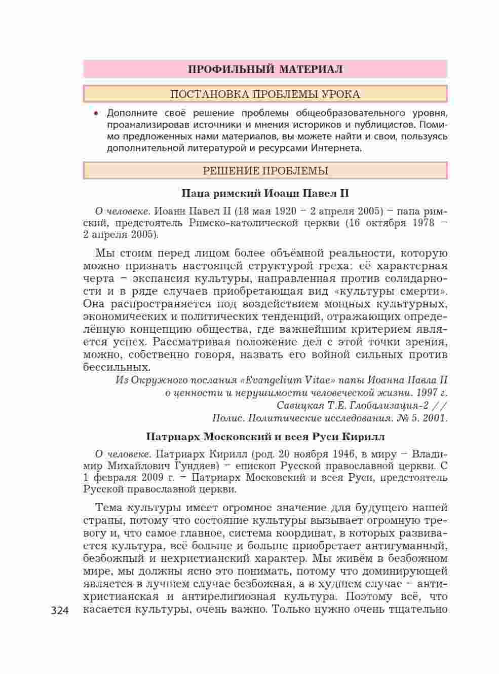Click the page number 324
(62, 610)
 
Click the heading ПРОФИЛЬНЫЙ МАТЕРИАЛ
(265, 69)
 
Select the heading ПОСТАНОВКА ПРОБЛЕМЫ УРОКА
(265, 94)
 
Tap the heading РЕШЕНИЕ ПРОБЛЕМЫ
(265, 171)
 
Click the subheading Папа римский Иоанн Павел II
(265, 193)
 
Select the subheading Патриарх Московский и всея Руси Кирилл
(265, 437)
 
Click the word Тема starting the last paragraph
(108, 508)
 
